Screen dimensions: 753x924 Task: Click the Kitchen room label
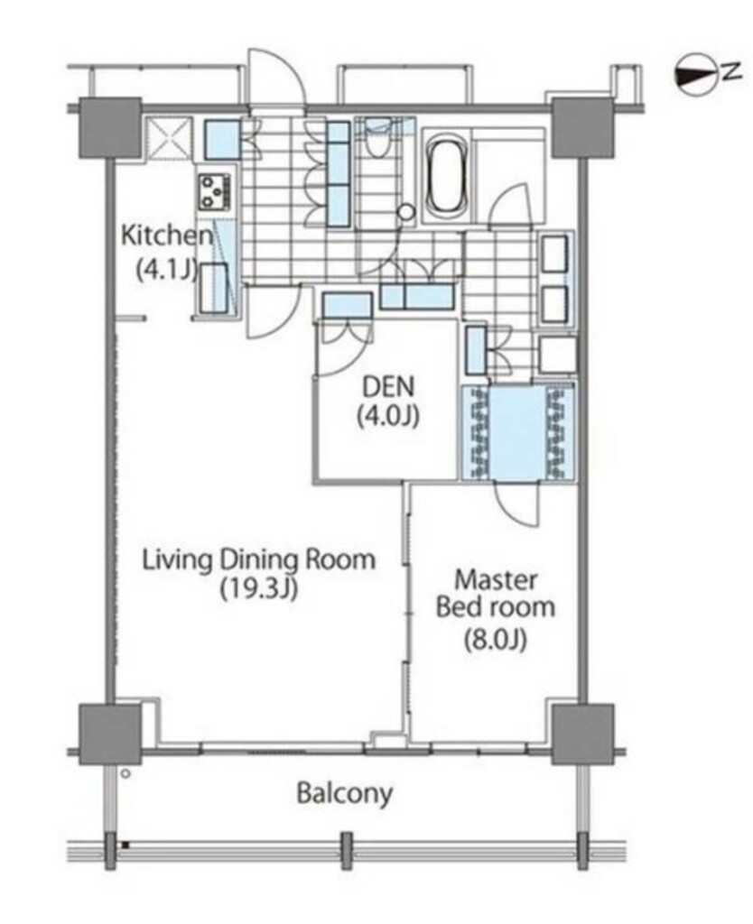166,236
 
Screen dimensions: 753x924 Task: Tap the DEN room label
388,387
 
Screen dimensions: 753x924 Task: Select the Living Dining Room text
259,559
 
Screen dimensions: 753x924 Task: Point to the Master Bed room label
496,594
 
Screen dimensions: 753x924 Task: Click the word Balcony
344,793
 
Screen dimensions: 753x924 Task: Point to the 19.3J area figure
259,588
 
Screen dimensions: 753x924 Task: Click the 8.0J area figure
496,640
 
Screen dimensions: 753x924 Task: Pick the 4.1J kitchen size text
166,270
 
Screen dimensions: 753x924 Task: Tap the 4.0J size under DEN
388,417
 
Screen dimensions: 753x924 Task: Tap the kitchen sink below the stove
214,288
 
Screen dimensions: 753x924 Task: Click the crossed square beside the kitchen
169,139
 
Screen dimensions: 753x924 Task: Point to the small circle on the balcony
125,773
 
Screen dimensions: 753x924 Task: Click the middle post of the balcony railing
347,850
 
